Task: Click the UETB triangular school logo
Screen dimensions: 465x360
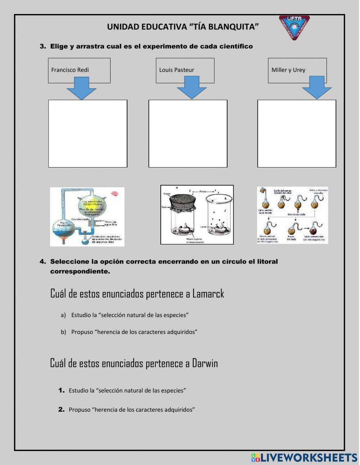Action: coord(294,27)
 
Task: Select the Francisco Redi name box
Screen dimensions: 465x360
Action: coord(79,70)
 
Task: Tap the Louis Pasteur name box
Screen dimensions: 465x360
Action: coord(185,70)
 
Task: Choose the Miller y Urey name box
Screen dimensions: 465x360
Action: coord(297,70)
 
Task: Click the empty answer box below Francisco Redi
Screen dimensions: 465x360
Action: coord(88,134)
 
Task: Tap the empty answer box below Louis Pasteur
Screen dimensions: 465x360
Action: coord(188,134)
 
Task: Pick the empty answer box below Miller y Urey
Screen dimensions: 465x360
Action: coord(297,134)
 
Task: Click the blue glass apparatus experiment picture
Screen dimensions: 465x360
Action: coord(87,216)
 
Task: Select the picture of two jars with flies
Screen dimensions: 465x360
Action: coord(197,215)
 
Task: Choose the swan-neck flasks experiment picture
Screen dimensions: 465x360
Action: coord(292,215)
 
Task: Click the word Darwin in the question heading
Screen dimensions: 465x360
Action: coord(205,363)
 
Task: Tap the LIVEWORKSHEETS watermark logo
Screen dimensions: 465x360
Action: coord(304,457)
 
